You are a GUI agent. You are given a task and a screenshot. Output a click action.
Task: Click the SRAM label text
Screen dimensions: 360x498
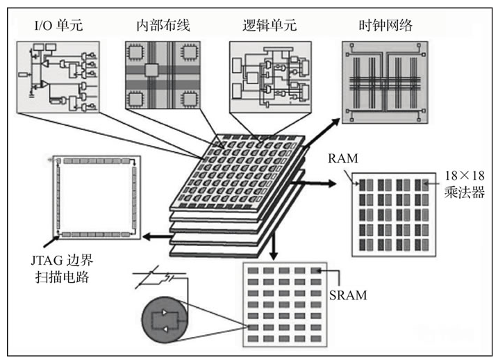[x=349, y=295]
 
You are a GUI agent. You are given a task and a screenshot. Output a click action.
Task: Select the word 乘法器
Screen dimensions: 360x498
[x=460, y=189]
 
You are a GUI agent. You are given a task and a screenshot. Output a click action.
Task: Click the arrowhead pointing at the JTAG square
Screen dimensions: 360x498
[x=147, y=237]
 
